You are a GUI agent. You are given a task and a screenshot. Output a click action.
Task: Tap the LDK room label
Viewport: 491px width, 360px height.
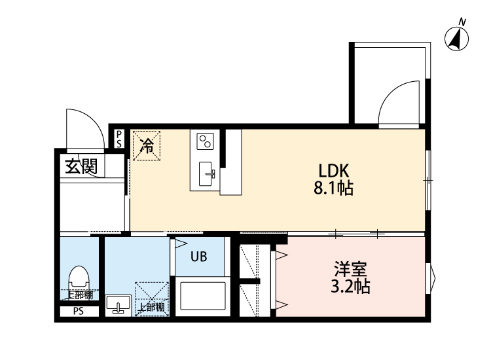point(333,171)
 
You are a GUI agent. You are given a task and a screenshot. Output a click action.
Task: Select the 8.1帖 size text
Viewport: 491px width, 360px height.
point(333,189)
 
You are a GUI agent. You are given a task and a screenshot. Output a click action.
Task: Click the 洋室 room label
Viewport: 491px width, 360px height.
point(350,269)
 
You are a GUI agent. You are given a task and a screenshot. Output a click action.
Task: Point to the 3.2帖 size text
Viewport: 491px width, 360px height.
point(350,286)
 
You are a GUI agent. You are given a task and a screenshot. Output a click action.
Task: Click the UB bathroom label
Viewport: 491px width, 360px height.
point(199,257)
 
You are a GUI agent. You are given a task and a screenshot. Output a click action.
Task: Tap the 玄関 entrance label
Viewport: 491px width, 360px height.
point(81,166)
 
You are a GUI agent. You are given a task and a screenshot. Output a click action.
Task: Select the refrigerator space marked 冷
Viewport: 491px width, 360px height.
point(147,146)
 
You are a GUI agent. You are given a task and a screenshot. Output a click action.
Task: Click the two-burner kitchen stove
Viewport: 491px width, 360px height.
point(205,141)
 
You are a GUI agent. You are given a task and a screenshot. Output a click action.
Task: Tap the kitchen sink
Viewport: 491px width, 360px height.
point(207,173)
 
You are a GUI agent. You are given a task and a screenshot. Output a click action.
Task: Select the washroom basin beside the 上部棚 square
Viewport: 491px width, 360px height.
point(118,304)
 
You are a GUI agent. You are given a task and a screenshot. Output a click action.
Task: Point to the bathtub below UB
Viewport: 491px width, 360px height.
point(200,296)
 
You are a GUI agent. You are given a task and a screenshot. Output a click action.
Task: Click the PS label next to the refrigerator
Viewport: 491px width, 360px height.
point(119,139)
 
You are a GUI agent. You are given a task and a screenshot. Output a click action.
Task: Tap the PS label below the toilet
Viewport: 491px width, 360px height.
point(79,312)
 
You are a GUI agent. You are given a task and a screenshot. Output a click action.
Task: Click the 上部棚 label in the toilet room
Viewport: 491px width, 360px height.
point(79,295)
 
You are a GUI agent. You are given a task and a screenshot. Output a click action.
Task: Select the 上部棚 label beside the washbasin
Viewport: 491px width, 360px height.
point(152,308)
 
